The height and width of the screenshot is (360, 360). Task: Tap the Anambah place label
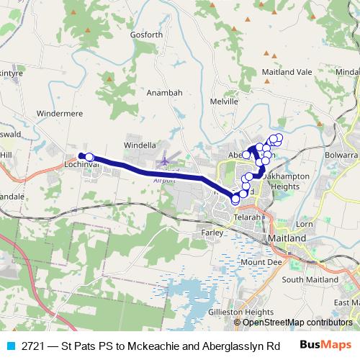coord(161,92)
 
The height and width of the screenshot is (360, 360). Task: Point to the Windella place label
coord(140,145)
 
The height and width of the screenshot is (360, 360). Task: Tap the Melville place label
coord(224,102)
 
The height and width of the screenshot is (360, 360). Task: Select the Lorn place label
coord(305,225)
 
